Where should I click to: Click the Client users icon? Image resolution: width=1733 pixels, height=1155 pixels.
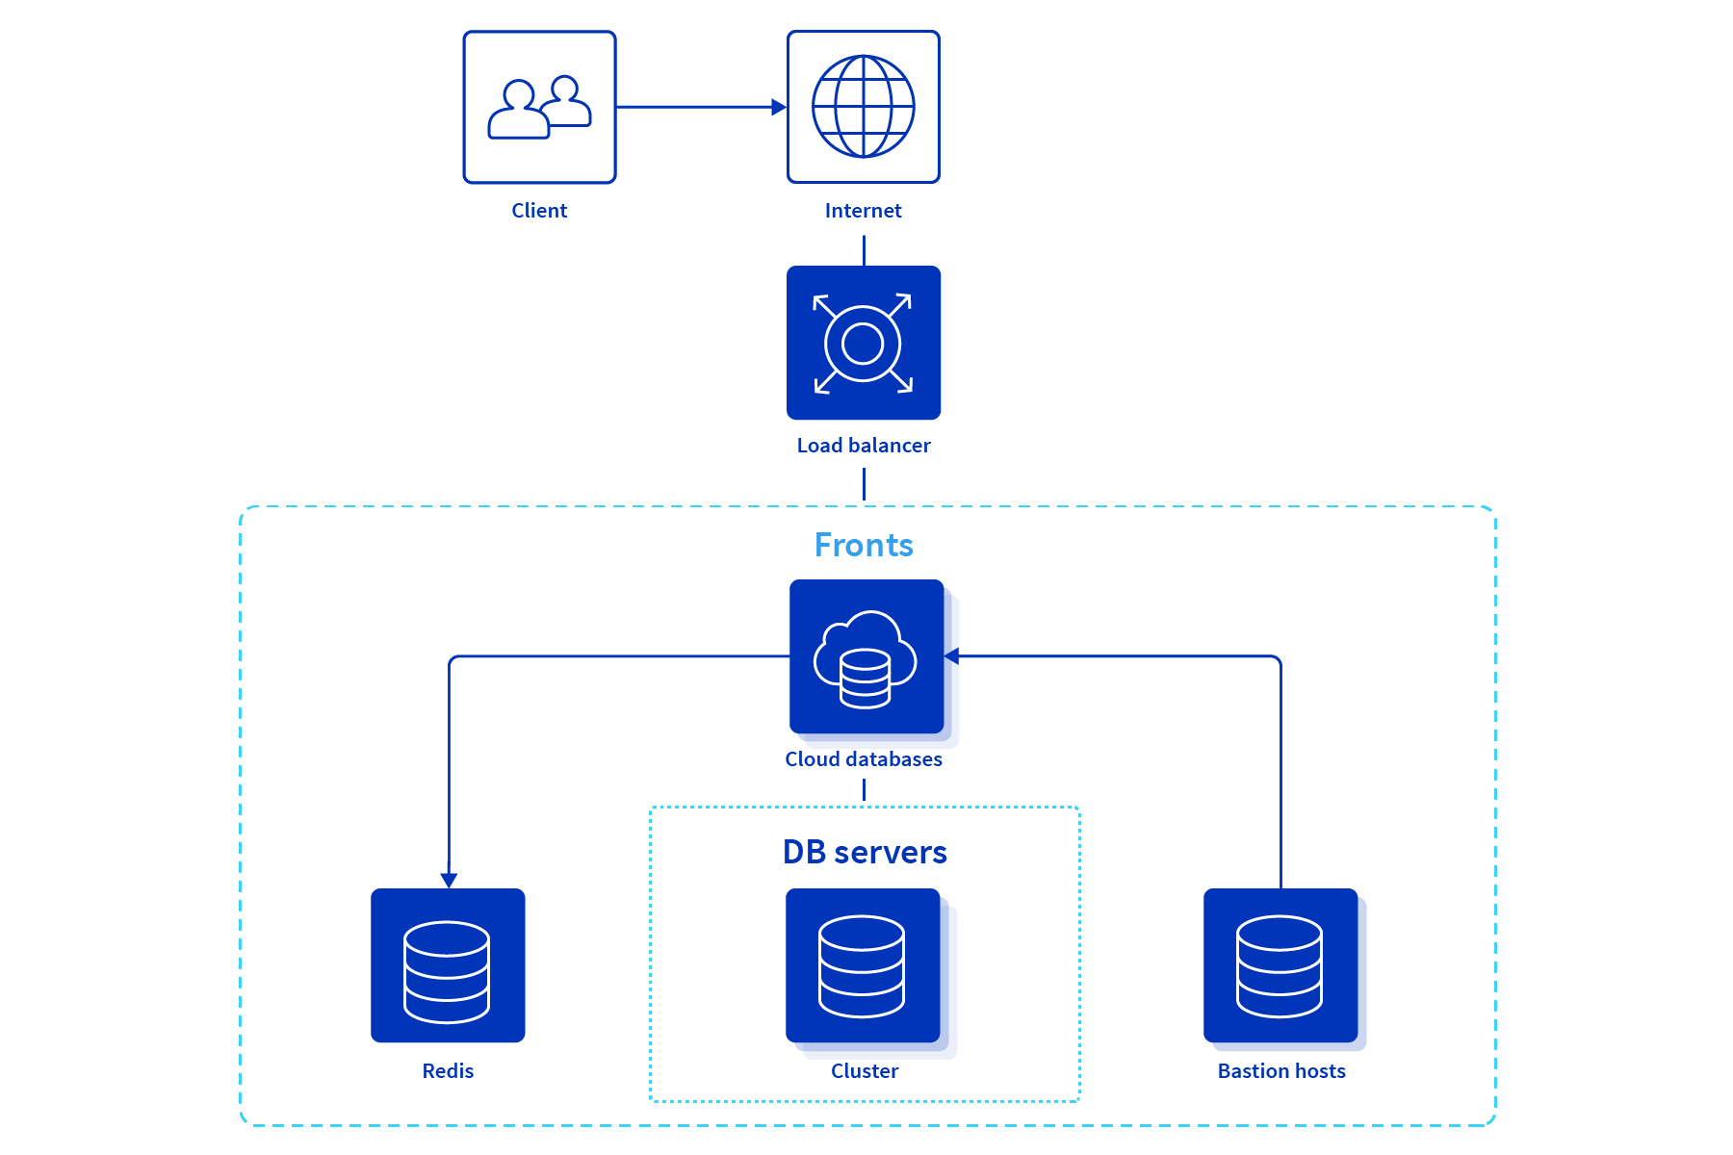pos(539,107)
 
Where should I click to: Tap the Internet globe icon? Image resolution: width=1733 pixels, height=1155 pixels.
pos(864,107)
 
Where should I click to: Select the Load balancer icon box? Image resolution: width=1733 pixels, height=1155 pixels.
pos(864,343)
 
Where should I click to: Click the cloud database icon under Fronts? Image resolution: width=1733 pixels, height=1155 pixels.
pos(866,660)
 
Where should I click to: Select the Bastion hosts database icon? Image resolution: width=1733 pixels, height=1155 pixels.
pos(1280,966)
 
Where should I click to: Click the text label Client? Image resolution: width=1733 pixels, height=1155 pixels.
pos(539,211)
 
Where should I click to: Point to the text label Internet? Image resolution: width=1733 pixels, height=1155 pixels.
pos(864,211)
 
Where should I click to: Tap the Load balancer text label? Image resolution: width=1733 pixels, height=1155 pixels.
pos(864,446)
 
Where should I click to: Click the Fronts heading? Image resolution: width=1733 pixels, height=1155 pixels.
pos(864,545)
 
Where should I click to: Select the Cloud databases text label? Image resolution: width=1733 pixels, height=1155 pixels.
pos(864,759)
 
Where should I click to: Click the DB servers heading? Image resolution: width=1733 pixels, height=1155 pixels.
pos(865,852)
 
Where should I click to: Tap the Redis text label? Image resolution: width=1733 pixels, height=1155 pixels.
pos(448,1071)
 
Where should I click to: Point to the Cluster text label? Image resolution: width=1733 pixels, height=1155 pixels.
pos(865,1071)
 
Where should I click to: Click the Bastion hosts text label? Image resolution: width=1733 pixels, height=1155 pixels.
pos(1281,1071)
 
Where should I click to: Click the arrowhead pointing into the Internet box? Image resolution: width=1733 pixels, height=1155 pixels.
pos(779,107)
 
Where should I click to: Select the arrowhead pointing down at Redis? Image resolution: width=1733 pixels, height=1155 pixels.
pos(449,880)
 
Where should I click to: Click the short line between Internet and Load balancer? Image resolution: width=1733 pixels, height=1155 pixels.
pos(864,250)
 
